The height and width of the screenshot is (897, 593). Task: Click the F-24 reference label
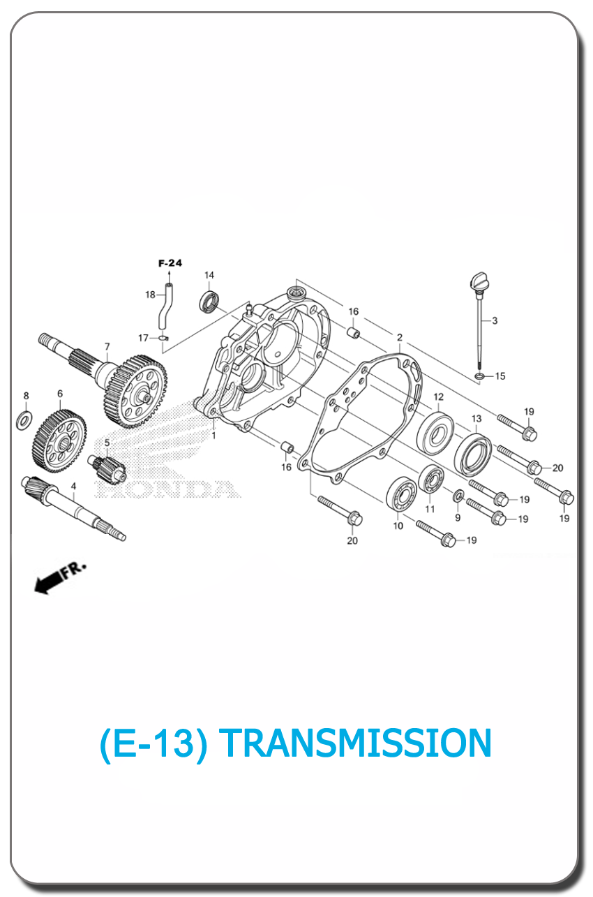170,263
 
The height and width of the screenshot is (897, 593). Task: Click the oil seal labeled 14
209,302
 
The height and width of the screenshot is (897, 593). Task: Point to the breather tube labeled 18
165,306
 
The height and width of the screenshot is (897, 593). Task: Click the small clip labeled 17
163,338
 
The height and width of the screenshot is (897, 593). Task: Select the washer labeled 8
24,420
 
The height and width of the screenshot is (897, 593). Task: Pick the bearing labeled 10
402,494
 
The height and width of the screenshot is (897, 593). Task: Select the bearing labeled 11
431,480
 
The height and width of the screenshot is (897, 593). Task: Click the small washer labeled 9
458,496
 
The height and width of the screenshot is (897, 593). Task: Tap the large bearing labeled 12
435,434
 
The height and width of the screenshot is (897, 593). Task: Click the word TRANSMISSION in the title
355,743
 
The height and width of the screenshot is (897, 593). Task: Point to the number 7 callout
107,346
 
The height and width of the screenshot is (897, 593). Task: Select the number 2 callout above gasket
399,337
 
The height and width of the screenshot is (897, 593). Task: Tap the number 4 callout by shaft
73,486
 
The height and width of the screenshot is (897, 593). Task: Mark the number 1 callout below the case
213,436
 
